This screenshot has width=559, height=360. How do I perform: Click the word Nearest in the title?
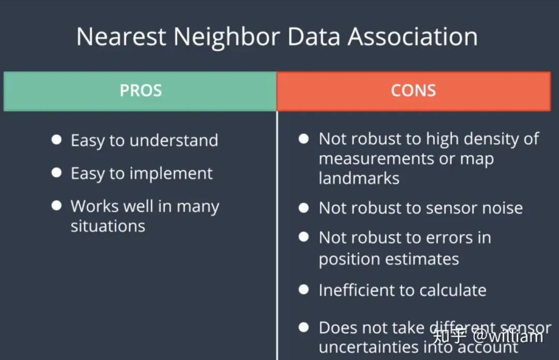coord(121,37)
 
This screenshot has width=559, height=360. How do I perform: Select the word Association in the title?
coord(413,37)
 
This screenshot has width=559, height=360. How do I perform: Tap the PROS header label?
coord(141,91)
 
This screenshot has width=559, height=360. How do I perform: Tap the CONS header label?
coord(413,91)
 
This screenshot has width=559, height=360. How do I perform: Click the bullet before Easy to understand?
coord(56,139)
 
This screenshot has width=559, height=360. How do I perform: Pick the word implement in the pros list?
coord(171,174)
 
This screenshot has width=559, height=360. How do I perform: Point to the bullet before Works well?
coord(56,205)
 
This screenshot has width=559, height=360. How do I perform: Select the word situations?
coord(108,226)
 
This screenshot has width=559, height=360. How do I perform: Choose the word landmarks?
coord(359,178)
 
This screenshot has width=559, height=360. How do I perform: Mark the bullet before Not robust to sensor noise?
coord(304,208)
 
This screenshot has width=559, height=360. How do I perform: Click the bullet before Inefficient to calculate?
coord(304,290)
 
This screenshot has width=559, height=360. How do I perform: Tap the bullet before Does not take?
coord(304,327)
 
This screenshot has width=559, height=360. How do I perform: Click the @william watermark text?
coord(508,336)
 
